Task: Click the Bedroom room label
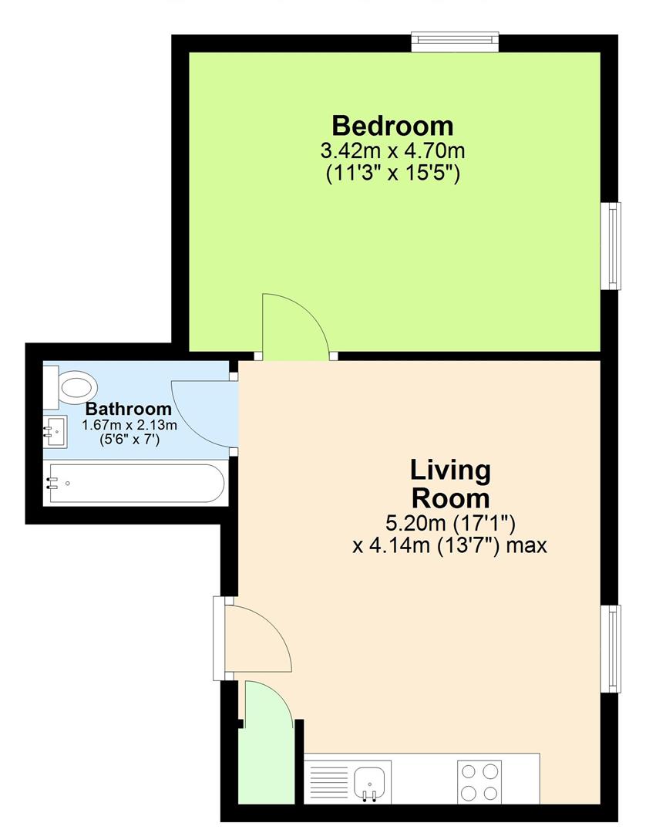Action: (392, 126)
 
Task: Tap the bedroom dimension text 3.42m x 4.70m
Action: (392, 151)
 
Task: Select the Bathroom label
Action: (129, 409)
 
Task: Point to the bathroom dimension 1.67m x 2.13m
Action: (129, 425)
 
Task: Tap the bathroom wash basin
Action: (55, 431)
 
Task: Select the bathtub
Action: (136, 483)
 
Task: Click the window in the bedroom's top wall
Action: (455, 42)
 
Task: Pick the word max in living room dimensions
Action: (526, 545)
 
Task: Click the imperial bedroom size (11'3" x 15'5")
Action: (392, 174)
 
